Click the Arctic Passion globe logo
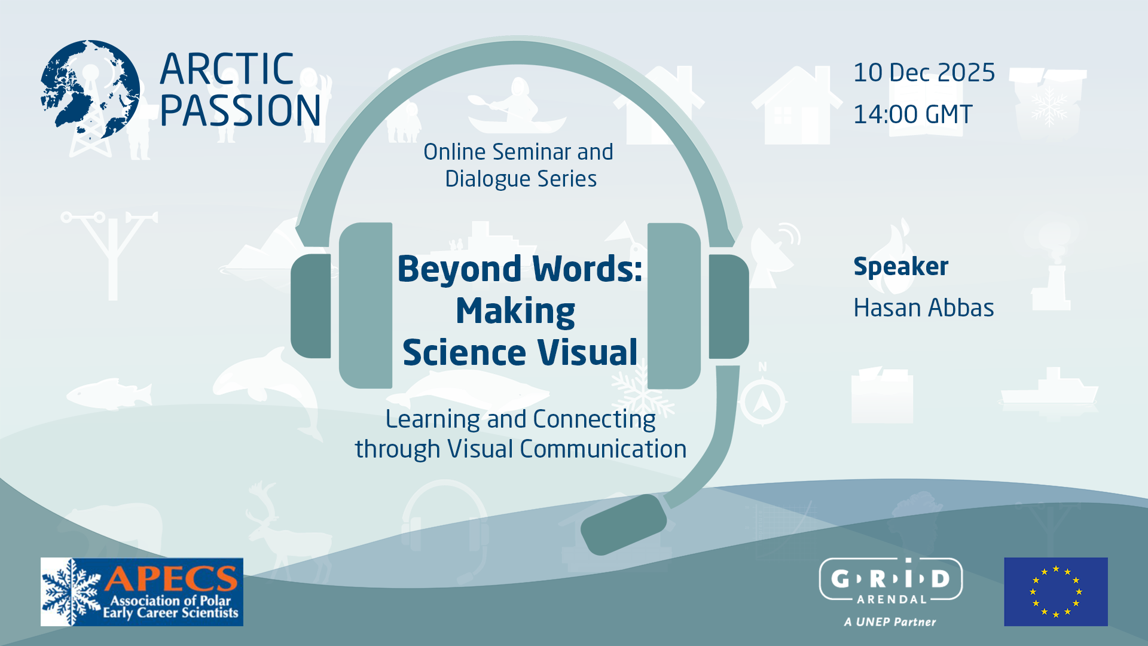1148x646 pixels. tap(90, 90)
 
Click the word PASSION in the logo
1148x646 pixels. tap(240, 111)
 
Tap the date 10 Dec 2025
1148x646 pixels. tap(924, 72)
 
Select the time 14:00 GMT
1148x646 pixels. tap(912, 114)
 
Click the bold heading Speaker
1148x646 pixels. tap(900, 266)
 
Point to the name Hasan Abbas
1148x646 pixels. tap(923, 308)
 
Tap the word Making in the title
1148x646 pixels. tap(515, 311)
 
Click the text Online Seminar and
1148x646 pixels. tap(518, 152)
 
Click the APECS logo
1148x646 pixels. tap(142, 592)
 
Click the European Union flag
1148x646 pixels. tap(1055, 592)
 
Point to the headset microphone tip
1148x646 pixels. tap(623, 524)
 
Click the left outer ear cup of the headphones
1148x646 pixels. tap(311, 306)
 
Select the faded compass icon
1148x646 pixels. tap(762, 401)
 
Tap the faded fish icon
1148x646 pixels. tap(109, 394)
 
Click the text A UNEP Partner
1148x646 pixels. tap(890, 622)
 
